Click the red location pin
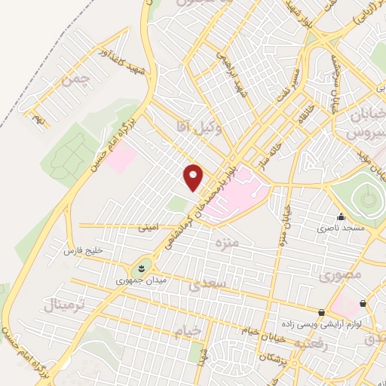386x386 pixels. click(x=194, y=177)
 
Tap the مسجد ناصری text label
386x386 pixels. click(x=340, y=227)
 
